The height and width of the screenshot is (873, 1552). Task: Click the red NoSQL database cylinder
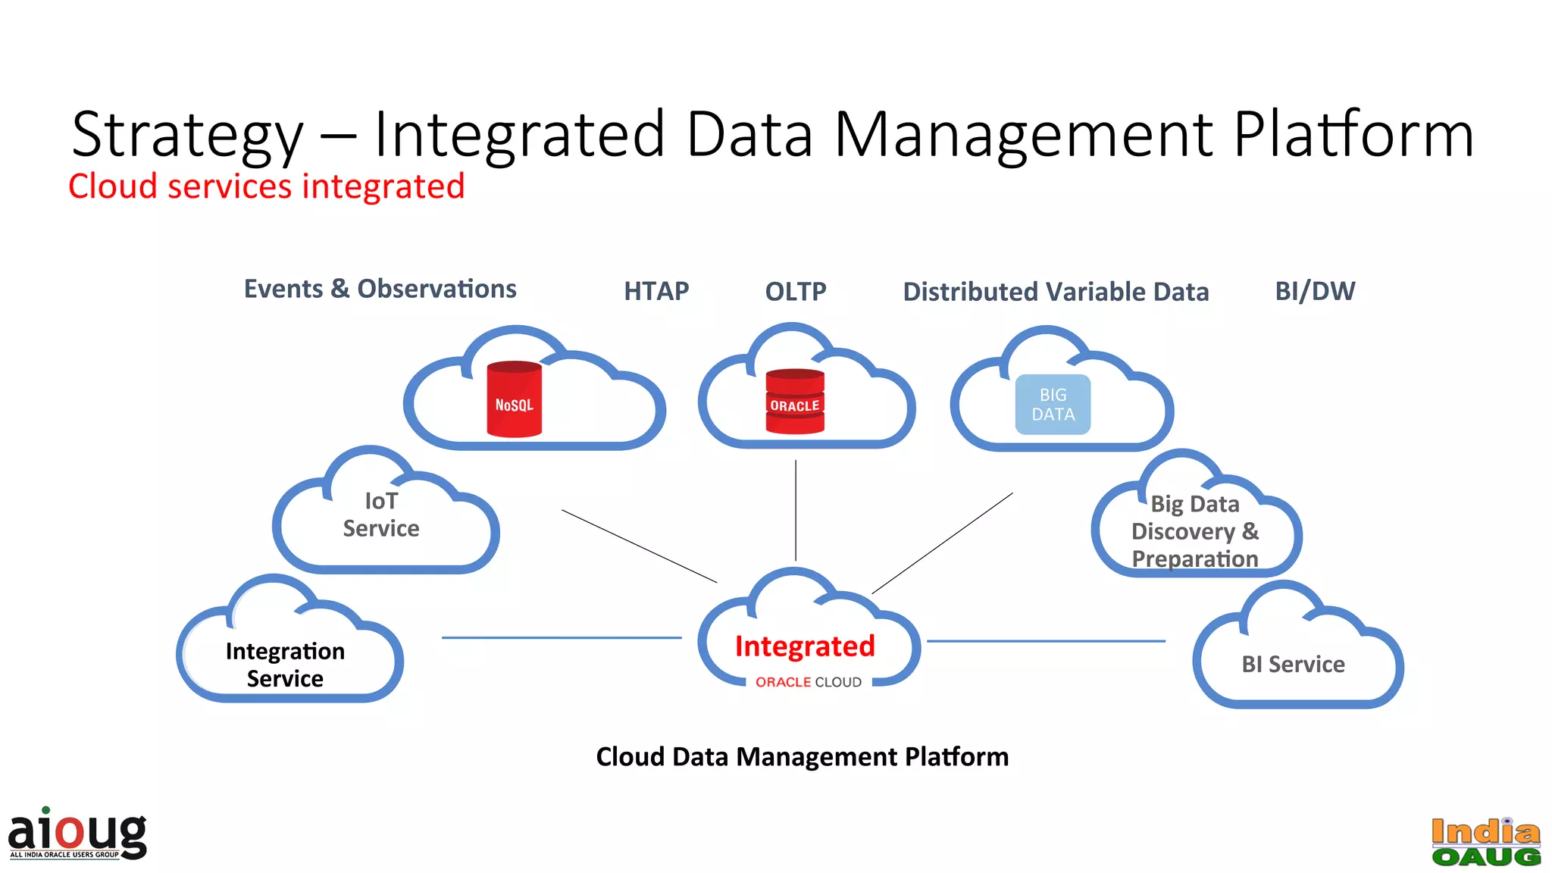pyautogui.click(x=514, y=399)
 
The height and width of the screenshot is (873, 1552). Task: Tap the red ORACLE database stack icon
pyautogui.click(x=794, y=402)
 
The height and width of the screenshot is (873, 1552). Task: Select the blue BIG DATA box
pyautogui.click(x=1053, y=405)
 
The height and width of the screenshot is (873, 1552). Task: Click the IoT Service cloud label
pyautogui.click(x=381, y=515)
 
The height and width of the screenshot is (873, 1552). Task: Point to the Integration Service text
pyautogui.click(x=285, y=665)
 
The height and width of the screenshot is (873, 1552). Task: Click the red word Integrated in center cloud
pyautogui.click(x=805, y=646)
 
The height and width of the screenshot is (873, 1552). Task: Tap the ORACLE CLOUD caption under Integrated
pyautogui.click(x=808, y=682)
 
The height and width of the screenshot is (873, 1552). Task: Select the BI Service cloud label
pyautogui.click(x=1293, y=664)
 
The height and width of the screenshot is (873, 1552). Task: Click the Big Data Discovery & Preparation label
pyautogui.click(x=1194, y=531)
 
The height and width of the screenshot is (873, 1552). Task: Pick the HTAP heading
pyautogui.click(x=656, y=291)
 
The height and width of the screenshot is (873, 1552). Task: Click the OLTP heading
pyautogui.click(x=796, y=291)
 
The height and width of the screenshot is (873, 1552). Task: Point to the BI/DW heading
pyautogui.click(x=1315, y=291)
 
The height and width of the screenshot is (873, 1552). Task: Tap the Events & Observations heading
pyautogui.click(x=380, y=289)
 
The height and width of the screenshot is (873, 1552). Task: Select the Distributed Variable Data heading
pyautogui.click(x=1056, y=292)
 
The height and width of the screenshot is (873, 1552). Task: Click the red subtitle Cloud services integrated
pyautogui.click(x=266, y=186)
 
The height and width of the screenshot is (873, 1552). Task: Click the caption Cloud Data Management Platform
pyautogui.click(x=802, y=756)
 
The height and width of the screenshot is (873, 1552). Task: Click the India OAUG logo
pyautogui.click(x=1486, y=841)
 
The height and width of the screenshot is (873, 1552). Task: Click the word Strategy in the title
pyautogui.click(x=187, y=135)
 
